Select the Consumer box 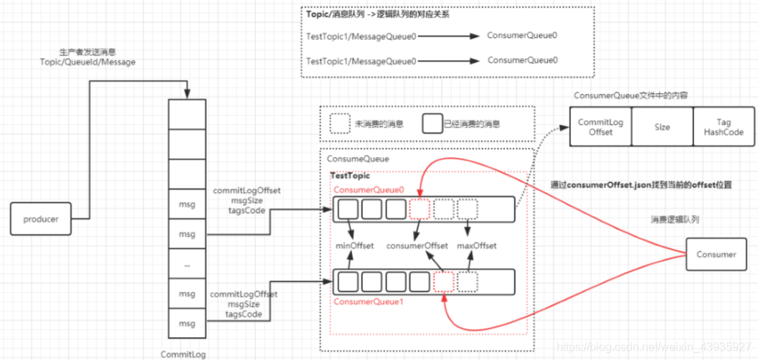(716, 254)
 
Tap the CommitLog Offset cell (601, 127)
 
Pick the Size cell (662, 127)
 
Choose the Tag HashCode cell (724, 127)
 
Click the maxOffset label (477, 246)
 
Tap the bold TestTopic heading (350, 175)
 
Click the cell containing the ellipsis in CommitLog (187, 265)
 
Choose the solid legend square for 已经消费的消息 (432, 123)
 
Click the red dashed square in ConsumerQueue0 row (420, 209)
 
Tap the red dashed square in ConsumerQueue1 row (444, 281)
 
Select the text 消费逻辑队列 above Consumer (675, 219)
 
